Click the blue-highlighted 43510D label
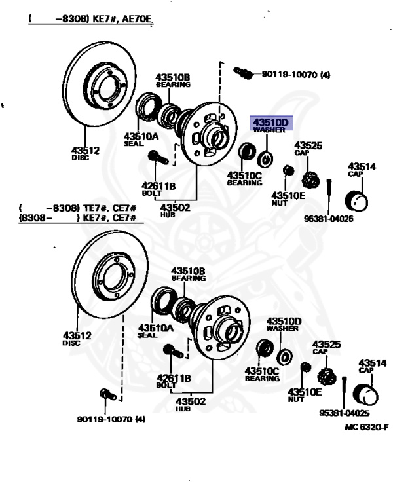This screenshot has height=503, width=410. coord(271,123)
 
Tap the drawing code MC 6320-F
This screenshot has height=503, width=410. coord(367,427)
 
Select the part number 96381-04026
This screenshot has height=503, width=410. coord(329,219)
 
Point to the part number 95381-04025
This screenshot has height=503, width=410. coord(345,413)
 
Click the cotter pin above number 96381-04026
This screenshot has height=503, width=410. coord(329,191)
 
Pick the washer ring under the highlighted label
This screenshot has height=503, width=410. coord(265,159)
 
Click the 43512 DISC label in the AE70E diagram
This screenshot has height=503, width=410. coord(85,153)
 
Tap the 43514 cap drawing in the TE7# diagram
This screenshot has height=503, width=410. coord(365,394)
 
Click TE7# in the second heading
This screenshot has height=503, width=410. coord(95,208)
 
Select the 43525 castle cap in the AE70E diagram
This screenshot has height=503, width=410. coord(310,180)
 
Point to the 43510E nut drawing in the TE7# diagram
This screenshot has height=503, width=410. coord(306,367)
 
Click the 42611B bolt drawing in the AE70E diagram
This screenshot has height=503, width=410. coord(158,157)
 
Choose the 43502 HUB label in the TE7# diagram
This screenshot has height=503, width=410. coord(191,404)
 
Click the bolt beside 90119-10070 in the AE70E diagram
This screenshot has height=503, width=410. coord(243,73)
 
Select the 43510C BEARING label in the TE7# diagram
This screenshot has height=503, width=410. coord(262,374)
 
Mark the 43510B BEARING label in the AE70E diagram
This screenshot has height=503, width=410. coord(173,81)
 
